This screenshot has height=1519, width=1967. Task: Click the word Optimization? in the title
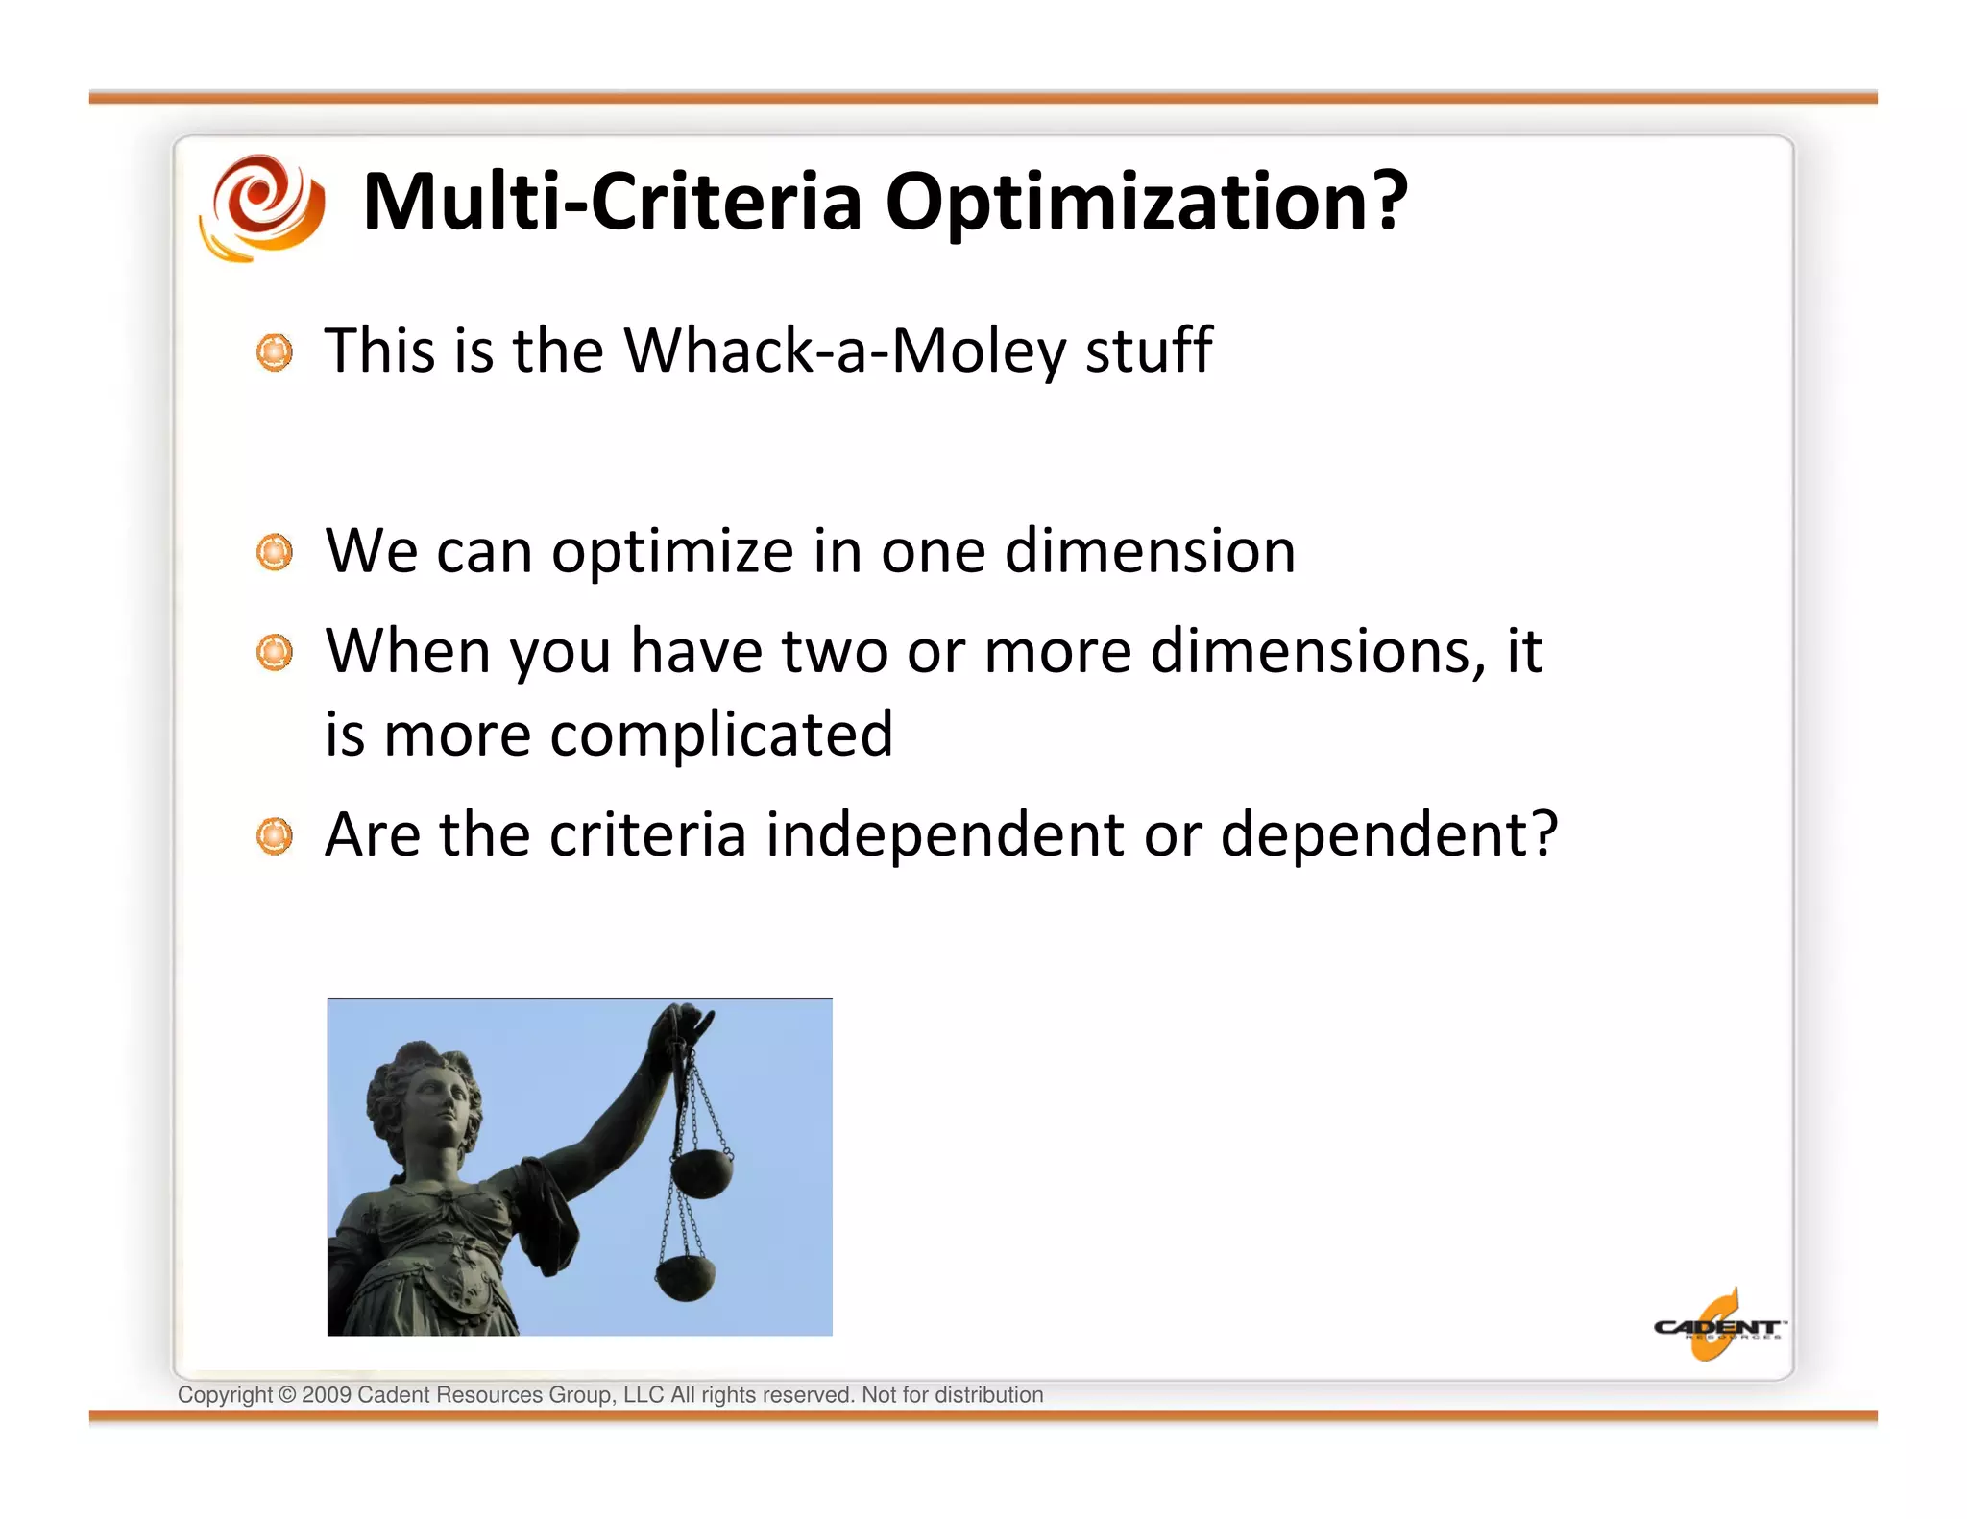coord(1146,204)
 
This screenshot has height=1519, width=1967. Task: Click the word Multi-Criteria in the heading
coord(612,202)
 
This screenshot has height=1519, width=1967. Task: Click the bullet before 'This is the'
coord(275,352)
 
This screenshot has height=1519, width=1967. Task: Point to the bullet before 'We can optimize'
coord(275,552)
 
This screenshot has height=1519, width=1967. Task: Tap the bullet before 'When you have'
coord(275,653)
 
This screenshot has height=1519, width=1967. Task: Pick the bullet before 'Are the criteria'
coord(275,836)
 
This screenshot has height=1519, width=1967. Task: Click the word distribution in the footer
coord(988,1395)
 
